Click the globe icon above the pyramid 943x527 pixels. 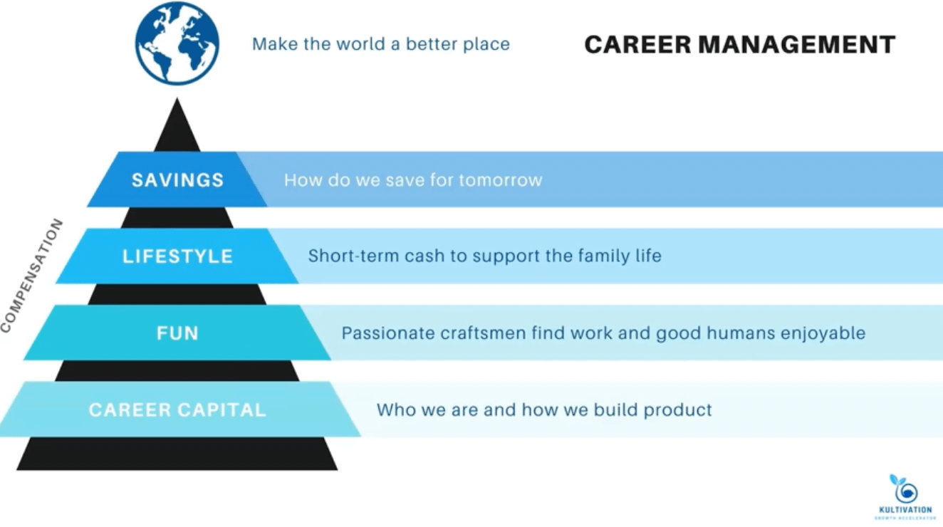click(177, 43)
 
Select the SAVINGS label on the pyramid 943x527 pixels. click(177, 179)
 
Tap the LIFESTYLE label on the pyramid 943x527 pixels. click(177, 256)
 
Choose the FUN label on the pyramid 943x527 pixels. click(177, 333)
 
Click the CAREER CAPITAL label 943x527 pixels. click(177, 410)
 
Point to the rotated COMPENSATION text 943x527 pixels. click(32, 276)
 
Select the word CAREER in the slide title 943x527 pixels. click(637, 45)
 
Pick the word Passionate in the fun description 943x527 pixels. click(383, 333)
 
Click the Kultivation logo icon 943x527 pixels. click(904, 489)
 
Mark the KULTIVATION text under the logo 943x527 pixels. click(905, 511)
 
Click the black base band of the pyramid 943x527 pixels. click(177, 454)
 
